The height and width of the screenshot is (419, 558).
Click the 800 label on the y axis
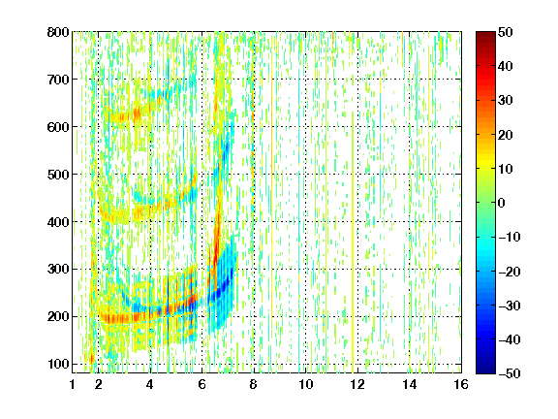click(x=58, y=32)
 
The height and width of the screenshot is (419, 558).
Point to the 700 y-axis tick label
click(x=58, y=80)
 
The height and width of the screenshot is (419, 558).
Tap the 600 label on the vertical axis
click(x=58, y=127)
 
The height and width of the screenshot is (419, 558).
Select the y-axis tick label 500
click(x=58, y=175)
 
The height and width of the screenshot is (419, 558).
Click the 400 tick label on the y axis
click(x=58, y=222)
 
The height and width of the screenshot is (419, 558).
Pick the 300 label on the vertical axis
click(x=58, y=269)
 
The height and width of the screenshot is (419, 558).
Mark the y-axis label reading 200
click(x=58, y=316)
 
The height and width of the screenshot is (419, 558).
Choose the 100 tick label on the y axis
click(x=58, y=364)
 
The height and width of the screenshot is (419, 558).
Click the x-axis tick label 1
click(x=73, y=384)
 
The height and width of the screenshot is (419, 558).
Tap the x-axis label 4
click(x=150, y=384)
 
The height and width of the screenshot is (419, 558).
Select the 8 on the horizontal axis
click(x=253, y=384)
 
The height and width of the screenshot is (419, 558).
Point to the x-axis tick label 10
click(x=305, y=384)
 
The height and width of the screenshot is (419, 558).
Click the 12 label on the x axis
click(x=357, y=384)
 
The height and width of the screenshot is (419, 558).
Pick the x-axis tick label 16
click(x=461, y=384)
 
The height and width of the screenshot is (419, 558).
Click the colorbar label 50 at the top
click(x=506, y=32)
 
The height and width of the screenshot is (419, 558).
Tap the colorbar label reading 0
click(x=502, y=203)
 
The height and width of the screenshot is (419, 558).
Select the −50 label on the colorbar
click(x=510, y=373)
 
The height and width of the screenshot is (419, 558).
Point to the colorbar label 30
click(x=506, y=101)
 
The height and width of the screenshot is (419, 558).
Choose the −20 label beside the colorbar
click(x=510, y=272)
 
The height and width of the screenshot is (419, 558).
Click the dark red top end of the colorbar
click(x=485, y=34)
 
